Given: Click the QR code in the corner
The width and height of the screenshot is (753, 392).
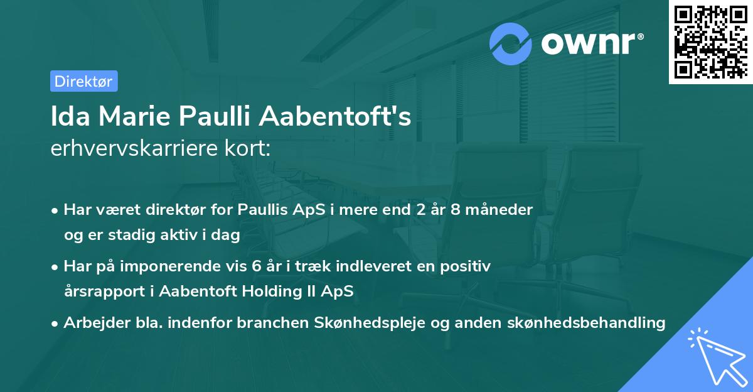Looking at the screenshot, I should coord(711,42).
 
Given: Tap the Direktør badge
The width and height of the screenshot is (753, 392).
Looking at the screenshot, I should coord(83,81).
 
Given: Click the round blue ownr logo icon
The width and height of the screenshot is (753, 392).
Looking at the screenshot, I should coord(511,43).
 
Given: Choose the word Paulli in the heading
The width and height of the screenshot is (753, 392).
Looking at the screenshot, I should coord(216,117).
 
